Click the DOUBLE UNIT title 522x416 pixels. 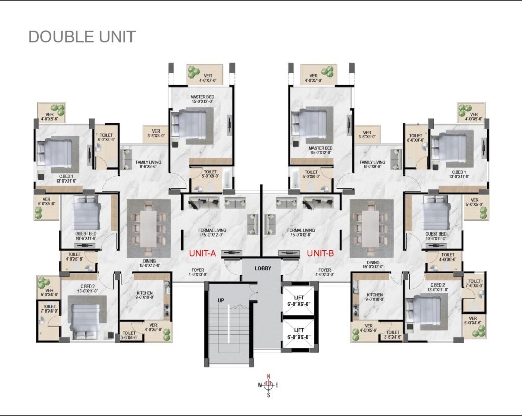tap(82, 37)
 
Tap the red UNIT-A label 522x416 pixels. tap(202, 253)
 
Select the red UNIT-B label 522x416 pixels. tap(320, 253)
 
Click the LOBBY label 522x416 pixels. tap(263, 268)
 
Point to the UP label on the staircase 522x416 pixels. tap(221, 300)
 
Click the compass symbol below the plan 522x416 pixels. tap(268, 385)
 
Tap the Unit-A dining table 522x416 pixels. tap(148, 228)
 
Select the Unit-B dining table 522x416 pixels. tap(371, 228)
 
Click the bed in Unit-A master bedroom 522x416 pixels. tap(188, 124)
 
